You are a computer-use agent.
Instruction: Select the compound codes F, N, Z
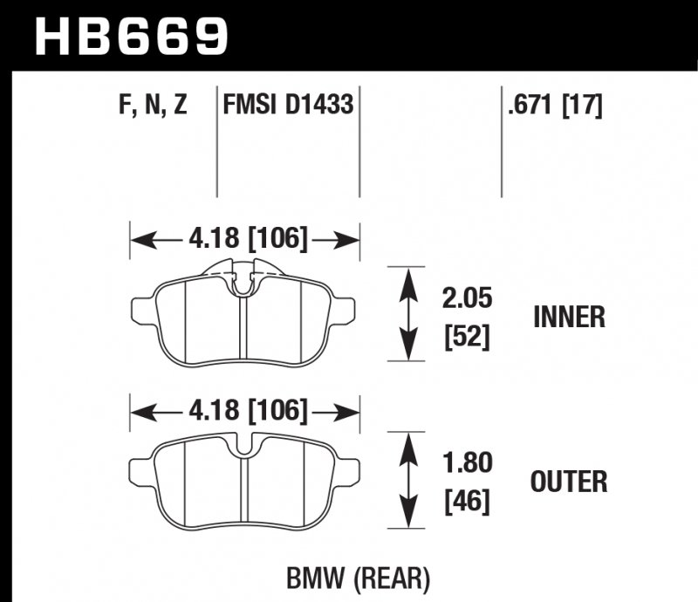coord(153,107)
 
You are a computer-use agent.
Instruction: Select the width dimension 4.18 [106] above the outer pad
coord(245,409)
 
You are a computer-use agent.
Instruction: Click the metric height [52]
coord(466,335)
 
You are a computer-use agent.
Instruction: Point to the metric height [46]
coord(466,500)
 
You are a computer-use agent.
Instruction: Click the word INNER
coord(569,317)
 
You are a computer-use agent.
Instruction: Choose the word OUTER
coord(568,481)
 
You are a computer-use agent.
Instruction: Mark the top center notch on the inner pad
coord(245,281)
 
